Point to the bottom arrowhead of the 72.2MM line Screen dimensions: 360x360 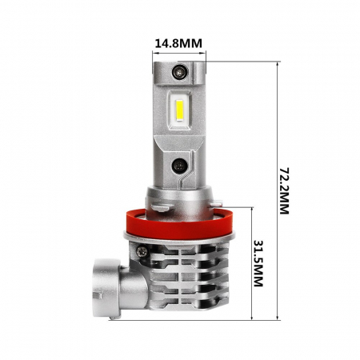coord(276,318)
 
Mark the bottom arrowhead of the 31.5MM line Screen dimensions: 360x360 coord(252,318)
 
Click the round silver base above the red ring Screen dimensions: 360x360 coord(179,196)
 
